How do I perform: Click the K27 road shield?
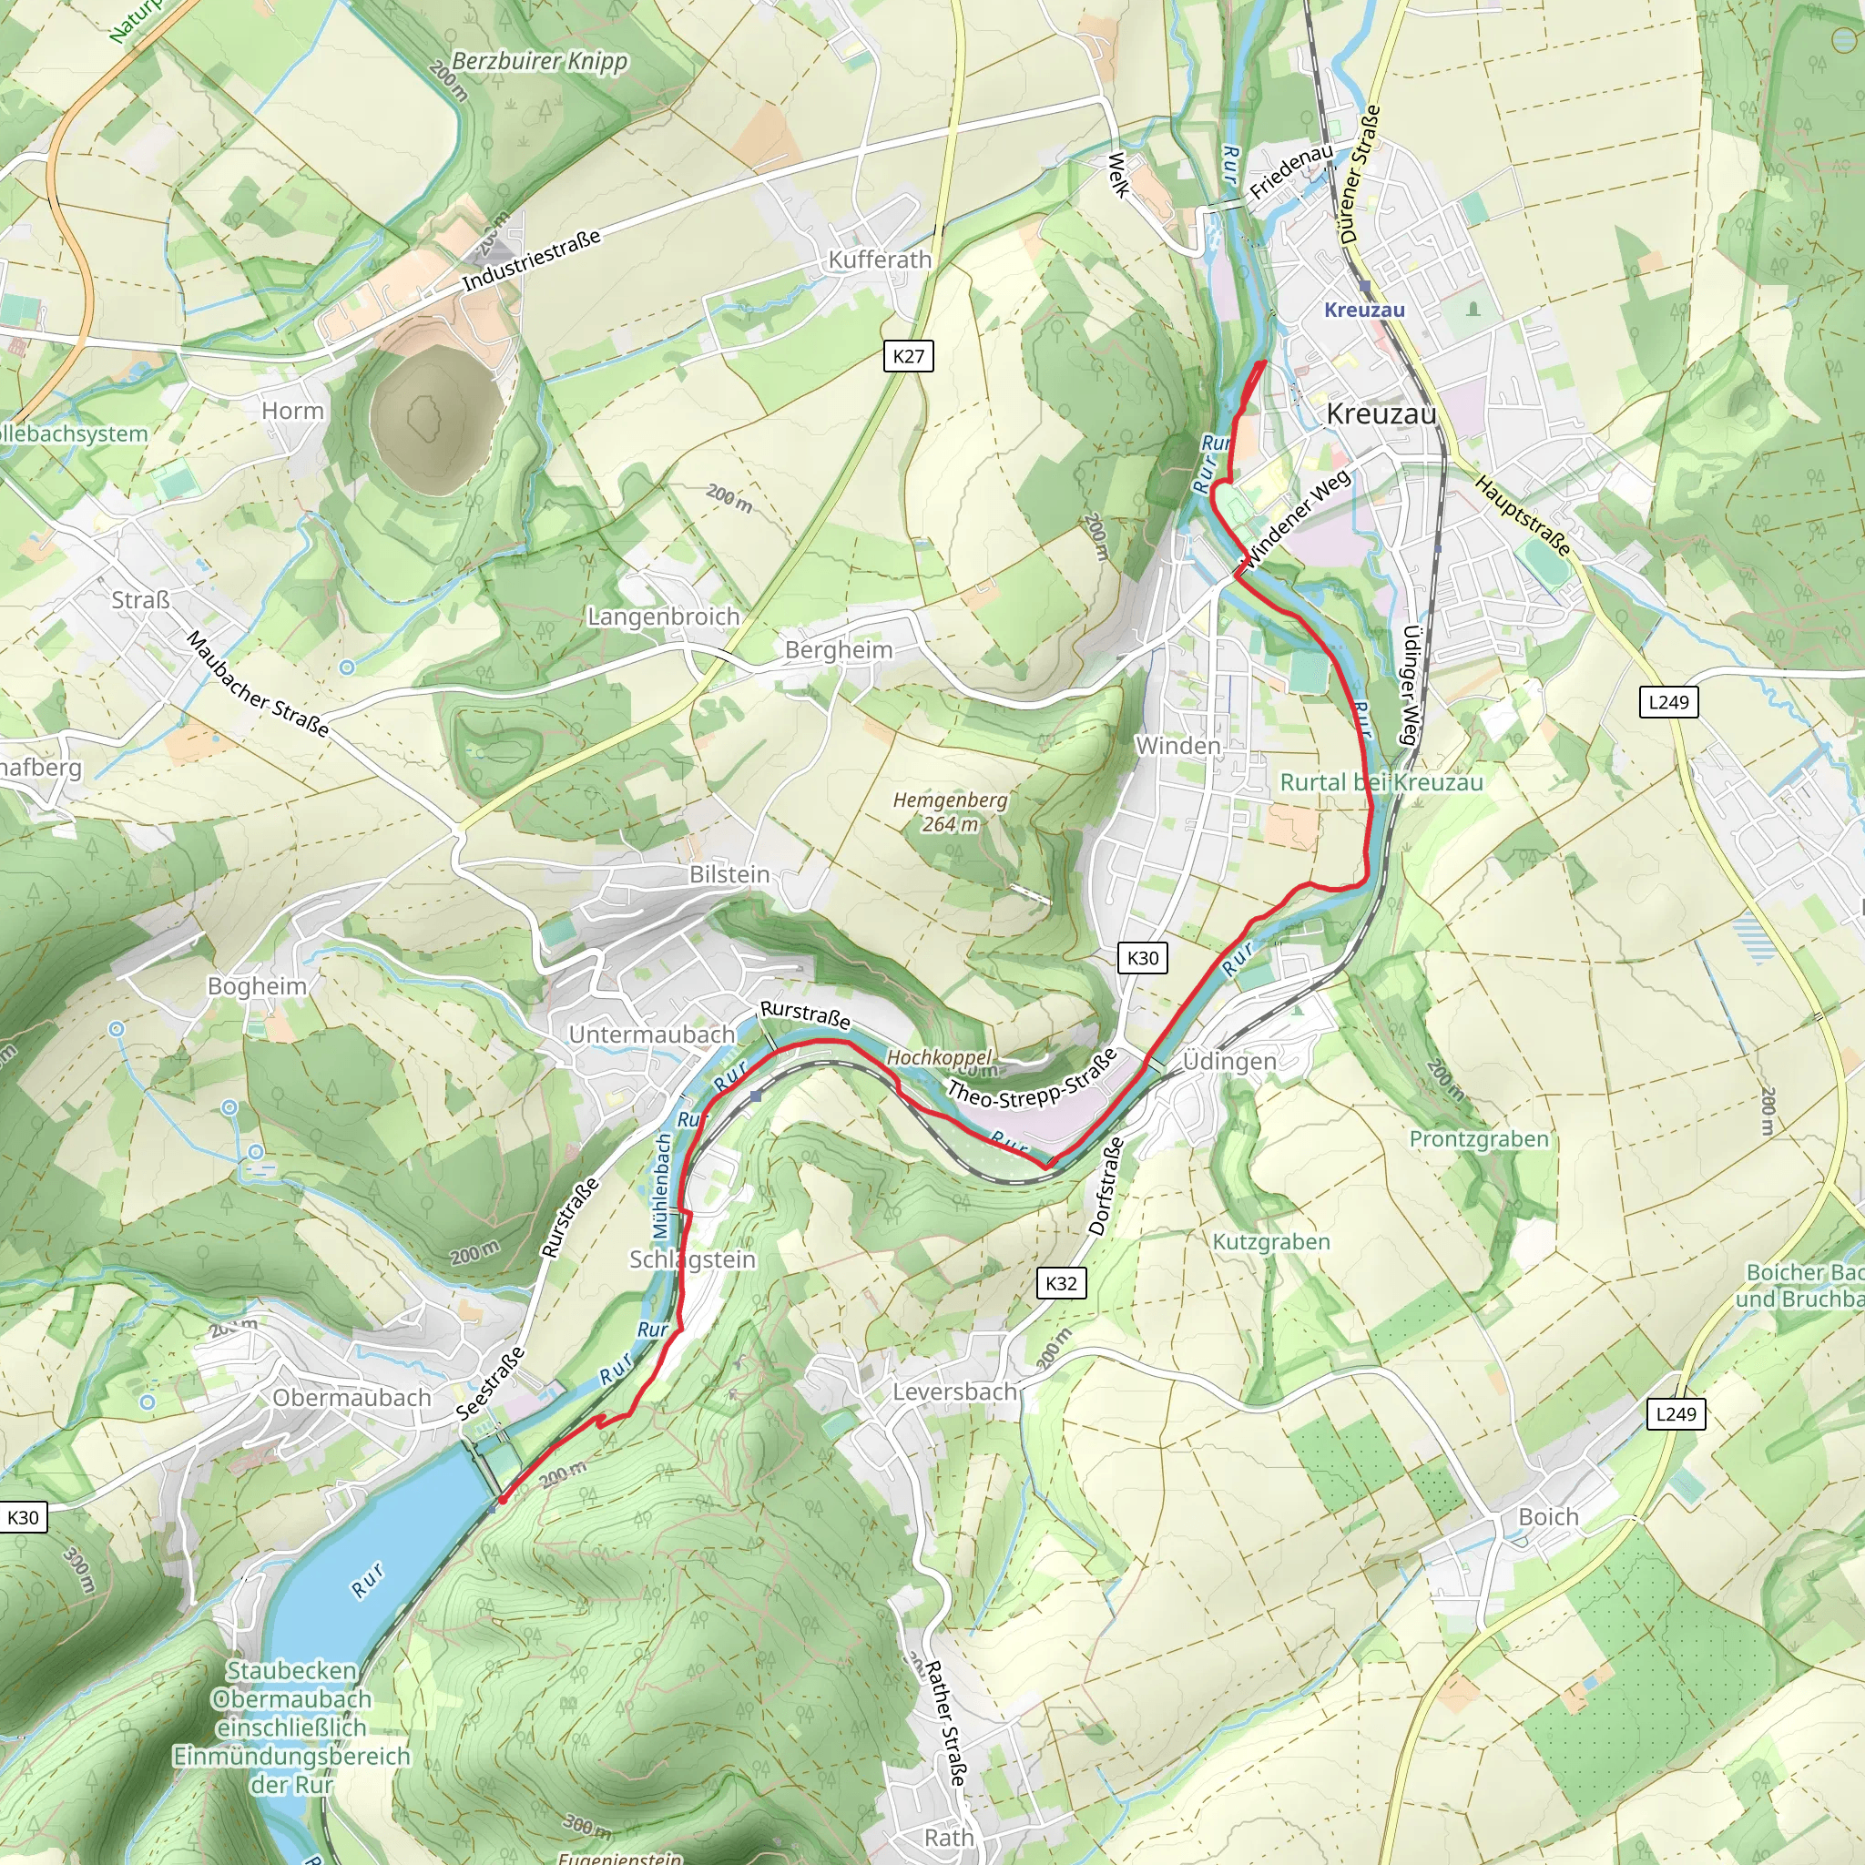click(907, 356)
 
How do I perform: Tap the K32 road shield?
click(1060, 1283)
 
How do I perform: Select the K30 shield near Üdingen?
click(1142, 958)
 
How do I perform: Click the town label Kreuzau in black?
click(1381, 414)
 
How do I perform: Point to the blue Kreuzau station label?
click(1363, 310)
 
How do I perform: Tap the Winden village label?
click(1177, 745)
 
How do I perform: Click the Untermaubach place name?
click(652, 1034)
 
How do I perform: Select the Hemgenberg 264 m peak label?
click(949, 811)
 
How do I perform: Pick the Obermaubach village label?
click(352, 1398)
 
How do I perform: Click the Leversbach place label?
click(953, 1391)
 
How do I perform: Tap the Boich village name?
click(1547, 1516)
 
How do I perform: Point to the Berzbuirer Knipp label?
click(540, 61)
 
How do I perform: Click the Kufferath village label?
click(880, 260)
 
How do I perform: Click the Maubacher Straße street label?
click(257, 684)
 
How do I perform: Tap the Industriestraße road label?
click(531, 260)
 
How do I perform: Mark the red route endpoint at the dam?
click(502, 1500)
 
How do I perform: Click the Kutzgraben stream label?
click(1270, 1241)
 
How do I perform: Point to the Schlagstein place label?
click(692, 1259)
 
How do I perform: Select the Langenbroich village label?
click(663, 616)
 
